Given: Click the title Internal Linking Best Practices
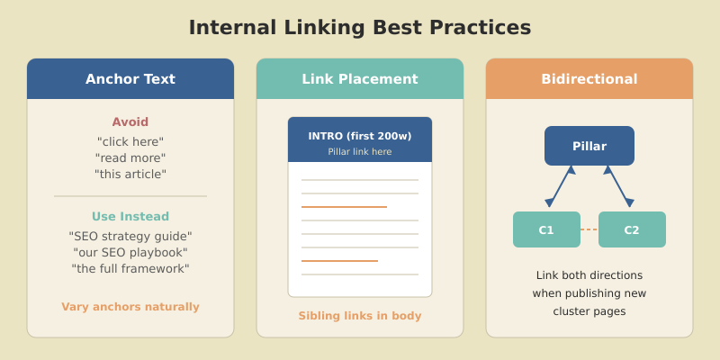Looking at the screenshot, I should (x=360, y=27).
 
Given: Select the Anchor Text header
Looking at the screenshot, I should (x=130, y=79).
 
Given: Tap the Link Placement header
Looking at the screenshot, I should (x=360, y=79).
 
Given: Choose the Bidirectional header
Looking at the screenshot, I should (x=589, y=79).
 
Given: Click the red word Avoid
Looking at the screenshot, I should (x=130, y=122).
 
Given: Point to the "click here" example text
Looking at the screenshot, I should (x=130, y=142).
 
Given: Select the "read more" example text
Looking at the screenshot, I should (x=130, y=158).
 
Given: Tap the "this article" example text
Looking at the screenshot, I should (x=130, y=175).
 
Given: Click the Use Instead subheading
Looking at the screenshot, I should (x=130, y=217).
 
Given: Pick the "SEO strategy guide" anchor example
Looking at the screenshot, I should (x=130, y=237).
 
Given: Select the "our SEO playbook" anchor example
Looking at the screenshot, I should (x=130, y=253).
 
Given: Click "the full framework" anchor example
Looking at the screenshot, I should (x=130, y=269).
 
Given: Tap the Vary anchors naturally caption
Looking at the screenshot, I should (x=130, y=307).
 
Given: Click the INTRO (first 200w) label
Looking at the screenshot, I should (x=360, y=136).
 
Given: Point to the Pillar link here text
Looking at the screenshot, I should (x=360, y=152).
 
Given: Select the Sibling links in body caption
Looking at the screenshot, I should (x=360, y=316).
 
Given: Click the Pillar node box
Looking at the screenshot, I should (x=589, y=146).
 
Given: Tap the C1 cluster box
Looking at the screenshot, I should (x=546, y=229).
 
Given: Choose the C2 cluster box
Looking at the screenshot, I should (x=632, y=229).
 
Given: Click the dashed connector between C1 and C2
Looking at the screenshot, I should (x=589, y=229).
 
